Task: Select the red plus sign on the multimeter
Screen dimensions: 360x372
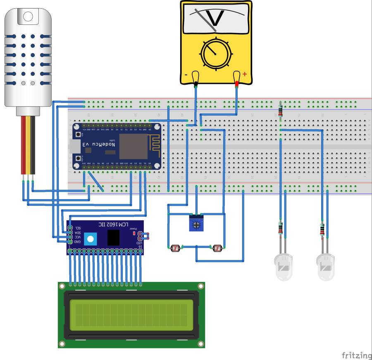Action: [x=245, y=74]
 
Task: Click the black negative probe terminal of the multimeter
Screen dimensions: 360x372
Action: [x=196, y=79]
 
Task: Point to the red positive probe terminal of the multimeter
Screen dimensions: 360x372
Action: [x=237, y=79]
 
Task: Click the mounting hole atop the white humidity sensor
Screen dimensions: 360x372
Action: [x=28, y=17]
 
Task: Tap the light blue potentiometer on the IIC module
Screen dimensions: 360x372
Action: [x=90, y=238]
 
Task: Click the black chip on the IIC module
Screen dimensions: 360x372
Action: [x=113, y=237]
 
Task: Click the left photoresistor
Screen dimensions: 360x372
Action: [x=175, y=248]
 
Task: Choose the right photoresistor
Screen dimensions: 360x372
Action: [x=217, y=248]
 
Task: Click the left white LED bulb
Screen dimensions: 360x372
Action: [x=284, y=267]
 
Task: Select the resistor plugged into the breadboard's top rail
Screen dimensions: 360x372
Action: [x=281, y=110]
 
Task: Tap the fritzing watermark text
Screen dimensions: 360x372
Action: [x=356, y=355]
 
